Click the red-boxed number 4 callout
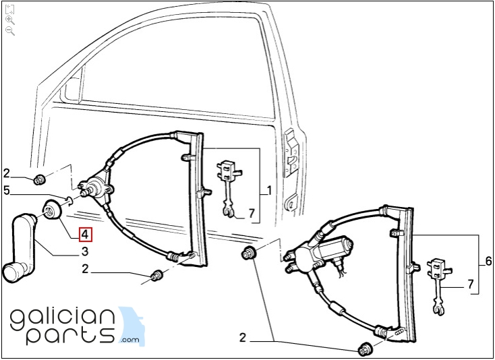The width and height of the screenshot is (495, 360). click(86, 235)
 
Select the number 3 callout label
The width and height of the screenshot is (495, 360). click(84, 251)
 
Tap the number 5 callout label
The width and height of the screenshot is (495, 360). click(7, 191)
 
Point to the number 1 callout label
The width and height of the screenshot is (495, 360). click(269, 191)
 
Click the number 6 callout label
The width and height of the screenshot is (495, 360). click(488, 262)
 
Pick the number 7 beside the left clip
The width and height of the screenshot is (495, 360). click(252, 214)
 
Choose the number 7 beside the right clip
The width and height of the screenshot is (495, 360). click(471, 284)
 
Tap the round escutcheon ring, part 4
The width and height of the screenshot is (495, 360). click(51, 209)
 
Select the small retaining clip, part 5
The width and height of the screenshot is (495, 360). click(69, 200)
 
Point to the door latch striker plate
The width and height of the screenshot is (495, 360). click(291, 152)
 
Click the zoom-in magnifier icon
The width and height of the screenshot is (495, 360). click(10, 20)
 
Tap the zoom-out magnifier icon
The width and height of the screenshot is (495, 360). click(10, 31)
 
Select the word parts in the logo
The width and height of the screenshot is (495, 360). click(70, 335)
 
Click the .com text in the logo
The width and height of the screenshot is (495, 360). click(129, 340)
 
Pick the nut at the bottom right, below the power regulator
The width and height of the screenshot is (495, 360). click(364, 350)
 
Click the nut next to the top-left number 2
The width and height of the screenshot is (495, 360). click(40, 179)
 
